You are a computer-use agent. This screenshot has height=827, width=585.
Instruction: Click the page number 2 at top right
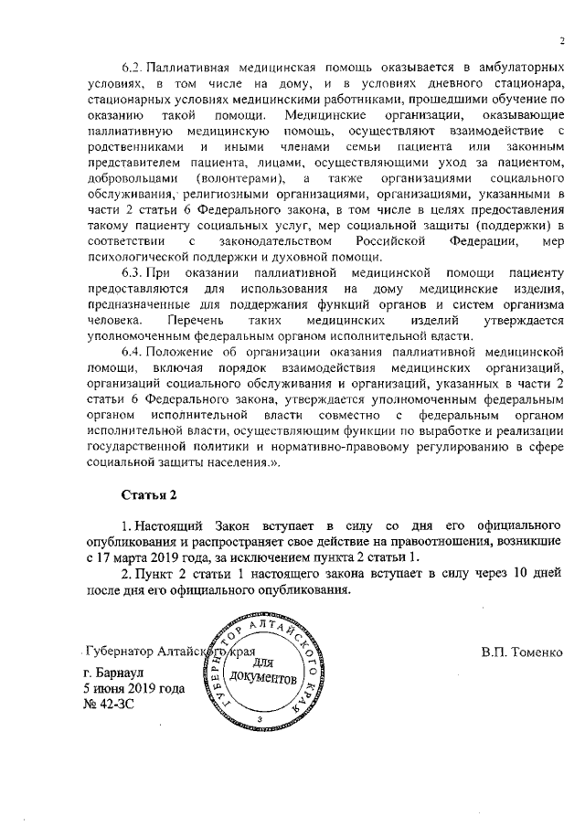tap(562, 40)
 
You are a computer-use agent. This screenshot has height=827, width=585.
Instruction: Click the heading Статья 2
tap(149, 494)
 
